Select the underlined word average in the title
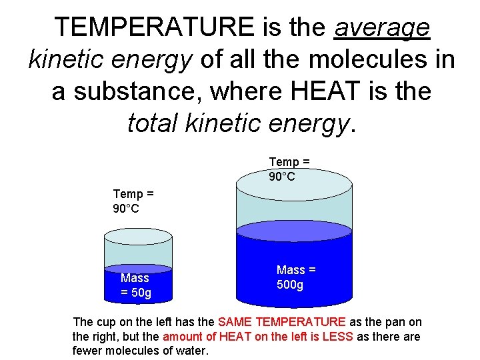382,27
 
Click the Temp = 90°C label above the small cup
133,201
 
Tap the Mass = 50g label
135,285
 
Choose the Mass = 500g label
295,277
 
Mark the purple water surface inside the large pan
294,231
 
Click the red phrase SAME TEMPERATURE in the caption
282,322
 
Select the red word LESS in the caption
337,337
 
